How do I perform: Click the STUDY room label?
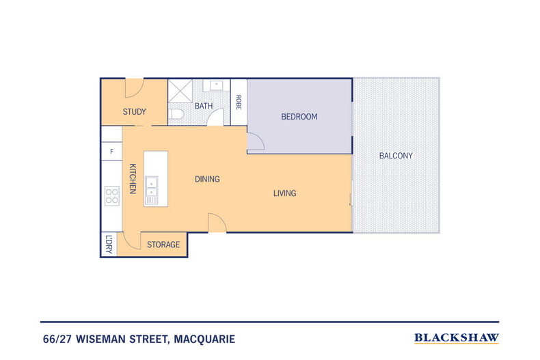[134, 111]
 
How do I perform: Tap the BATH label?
[204, 106]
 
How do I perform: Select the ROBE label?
[239, 102]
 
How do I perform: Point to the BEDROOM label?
[299, 117]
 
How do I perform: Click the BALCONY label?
[396, 156]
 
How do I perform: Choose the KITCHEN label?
[133, 178]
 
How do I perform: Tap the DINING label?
[207, 179]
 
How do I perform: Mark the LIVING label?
[285, 193]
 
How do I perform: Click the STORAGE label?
[163, 245]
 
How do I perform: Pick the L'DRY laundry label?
[109, 245]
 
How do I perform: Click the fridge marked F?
[111, 152]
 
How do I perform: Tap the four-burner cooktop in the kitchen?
[112, 196]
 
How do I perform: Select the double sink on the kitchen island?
[151, 190]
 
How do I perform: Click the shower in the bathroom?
[180, 92]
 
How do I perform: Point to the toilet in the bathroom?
[176, 114]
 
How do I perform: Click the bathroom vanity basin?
[216, 85]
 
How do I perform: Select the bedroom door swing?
[256, 142]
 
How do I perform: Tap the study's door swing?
[134, 87]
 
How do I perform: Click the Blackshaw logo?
[457, 338]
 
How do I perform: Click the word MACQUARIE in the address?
[204, 339]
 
